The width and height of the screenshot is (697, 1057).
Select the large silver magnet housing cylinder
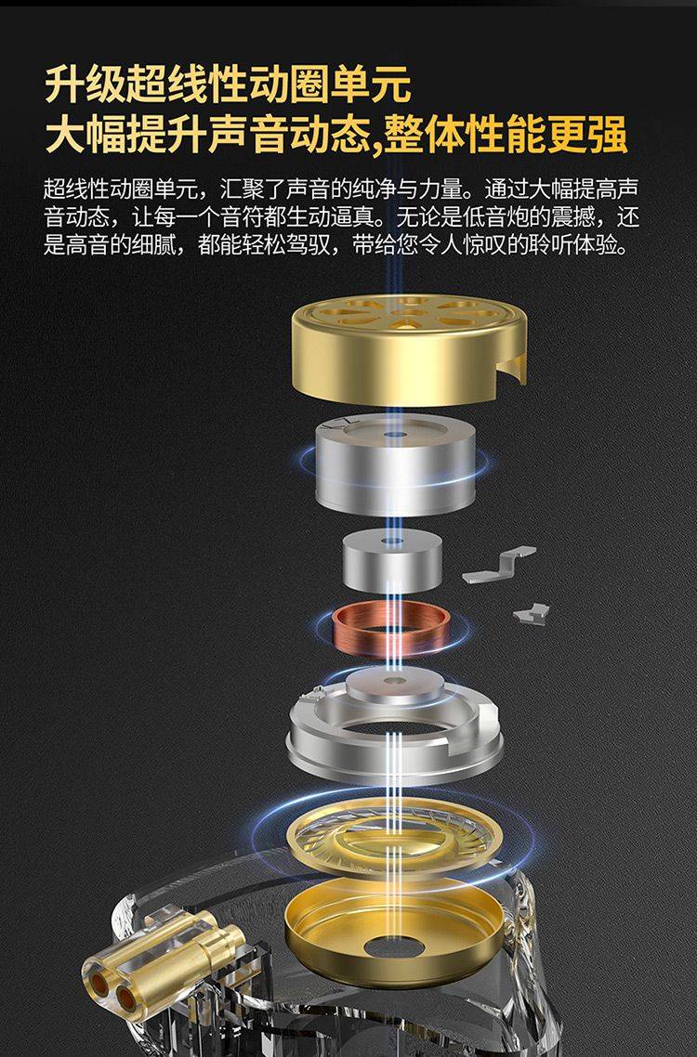[x=396, y=464]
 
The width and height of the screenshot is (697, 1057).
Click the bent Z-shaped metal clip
[x=498, y=565]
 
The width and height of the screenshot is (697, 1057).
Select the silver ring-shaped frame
[x=395, y=729]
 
